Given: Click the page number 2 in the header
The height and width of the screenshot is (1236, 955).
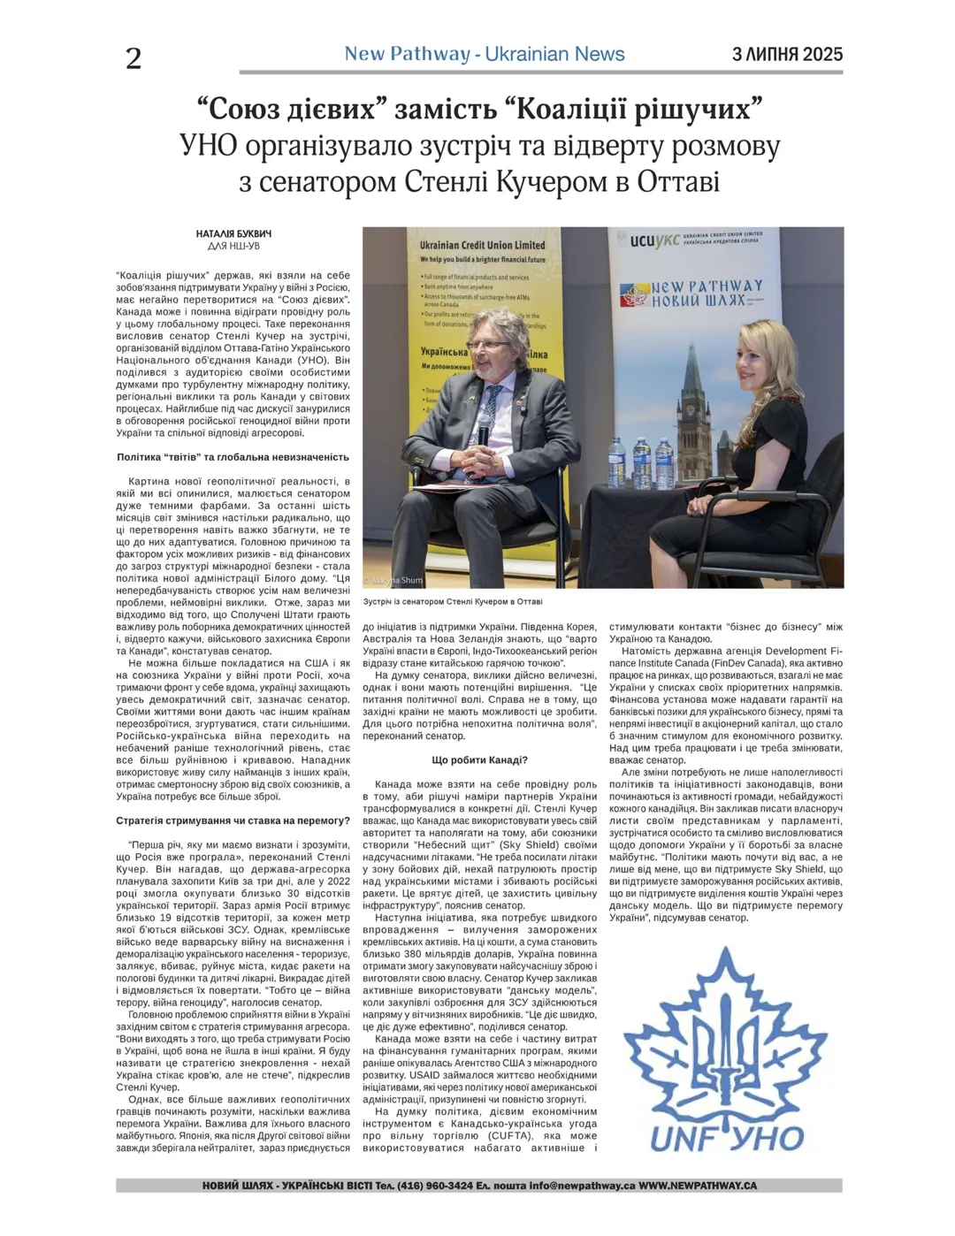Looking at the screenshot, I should pos(134,58).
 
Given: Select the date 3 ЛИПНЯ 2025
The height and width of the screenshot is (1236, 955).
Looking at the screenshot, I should pos(787,55).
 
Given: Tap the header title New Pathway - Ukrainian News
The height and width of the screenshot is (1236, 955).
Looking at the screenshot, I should pos(485,54).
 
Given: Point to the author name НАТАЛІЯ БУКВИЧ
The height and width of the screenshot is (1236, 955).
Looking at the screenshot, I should pos(233,234).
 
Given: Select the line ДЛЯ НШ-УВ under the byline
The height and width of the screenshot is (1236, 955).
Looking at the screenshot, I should pos(233,246).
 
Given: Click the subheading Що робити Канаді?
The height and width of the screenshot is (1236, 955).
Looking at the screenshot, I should pos(479,760).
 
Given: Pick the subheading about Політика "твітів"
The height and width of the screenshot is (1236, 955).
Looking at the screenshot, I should pos(233,457).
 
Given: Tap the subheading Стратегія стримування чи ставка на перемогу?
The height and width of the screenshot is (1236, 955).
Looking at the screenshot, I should pos(233,820).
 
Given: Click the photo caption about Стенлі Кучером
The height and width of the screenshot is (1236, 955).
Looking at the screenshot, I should pos(453,601).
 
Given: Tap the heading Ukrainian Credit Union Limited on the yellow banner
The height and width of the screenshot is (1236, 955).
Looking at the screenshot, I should pos(482,245).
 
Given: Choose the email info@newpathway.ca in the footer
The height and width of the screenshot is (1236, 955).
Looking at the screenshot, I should pos(582,1186).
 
